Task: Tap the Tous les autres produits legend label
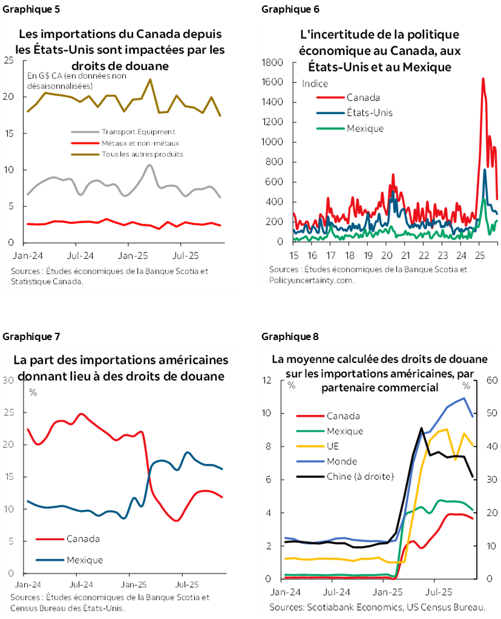[x=142, y=154]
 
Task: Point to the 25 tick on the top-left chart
[x=8, y=60]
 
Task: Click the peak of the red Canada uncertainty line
[x=483, y=78]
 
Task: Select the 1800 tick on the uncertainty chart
[x=272, y=62]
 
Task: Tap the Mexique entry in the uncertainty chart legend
[x=365, y=128]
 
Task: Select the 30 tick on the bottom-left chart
[x=8, y=380]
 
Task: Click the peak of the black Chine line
[x=421, y=428]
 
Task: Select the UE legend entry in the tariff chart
[x=333, y=446]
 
